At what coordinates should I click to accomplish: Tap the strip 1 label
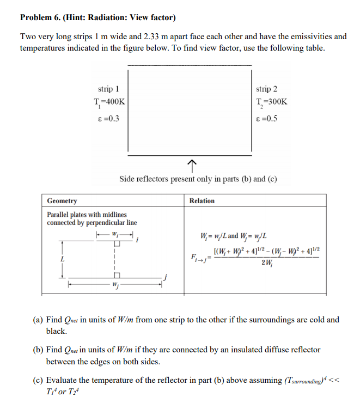[108, 88]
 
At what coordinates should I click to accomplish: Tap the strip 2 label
[266, 88]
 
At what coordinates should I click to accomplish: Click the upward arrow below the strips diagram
[191, 164]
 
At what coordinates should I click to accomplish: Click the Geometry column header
[62, 201]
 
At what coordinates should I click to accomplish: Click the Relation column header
[202, 201]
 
